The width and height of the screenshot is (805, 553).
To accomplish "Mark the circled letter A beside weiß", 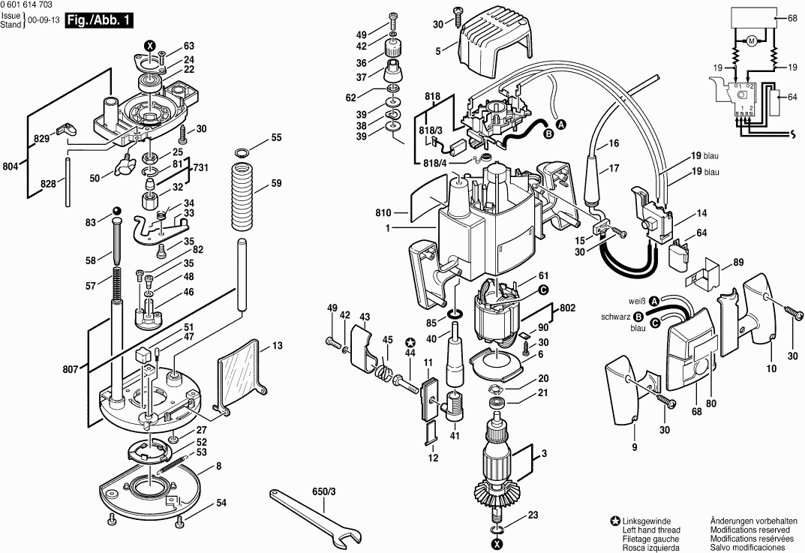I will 654,301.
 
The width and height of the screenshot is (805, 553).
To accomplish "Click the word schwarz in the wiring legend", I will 616,317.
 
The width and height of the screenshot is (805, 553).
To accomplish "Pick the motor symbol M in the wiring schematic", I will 750,41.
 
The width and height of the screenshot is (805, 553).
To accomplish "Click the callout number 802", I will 566,307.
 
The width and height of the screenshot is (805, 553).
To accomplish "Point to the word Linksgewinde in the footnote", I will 646,521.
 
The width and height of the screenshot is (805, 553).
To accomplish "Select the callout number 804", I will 11,167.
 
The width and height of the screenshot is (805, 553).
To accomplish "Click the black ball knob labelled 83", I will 116,209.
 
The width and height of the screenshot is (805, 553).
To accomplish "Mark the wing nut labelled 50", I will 123,165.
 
